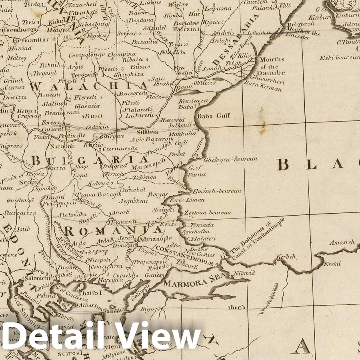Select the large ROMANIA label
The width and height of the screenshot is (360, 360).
point(113,231)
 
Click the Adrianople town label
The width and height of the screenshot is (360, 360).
point(156,239)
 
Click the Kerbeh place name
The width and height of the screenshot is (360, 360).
point(286,256)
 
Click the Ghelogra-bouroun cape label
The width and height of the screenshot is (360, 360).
point(230,159)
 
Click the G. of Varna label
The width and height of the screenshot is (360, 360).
point(197,171)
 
